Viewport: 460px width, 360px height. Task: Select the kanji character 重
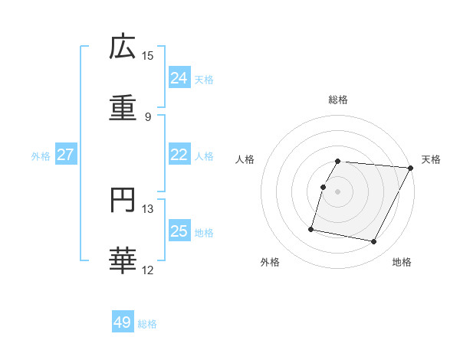[123, 109]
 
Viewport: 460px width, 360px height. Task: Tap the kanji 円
[123, 201]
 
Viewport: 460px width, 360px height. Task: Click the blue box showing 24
[179, 78]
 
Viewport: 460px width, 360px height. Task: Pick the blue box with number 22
[179, 155]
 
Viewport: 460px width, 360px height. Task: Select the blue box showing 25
[179, 231]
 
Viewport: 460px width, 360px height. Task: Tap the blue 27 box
[65, 155]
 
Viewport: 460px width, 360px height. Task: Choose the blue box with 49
[122, 323]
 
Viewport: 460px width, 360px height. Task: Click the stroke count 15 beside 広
[148, 56]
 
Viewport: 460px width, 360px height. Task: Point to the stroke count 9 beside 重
[148, 117]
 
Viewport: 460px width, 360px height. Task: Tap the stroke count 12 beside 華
[148, 270]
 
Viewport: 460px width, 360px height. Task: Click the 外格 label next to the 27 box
[41, 155]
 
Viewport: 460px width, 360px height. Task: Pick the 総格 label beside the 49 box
[147, 324]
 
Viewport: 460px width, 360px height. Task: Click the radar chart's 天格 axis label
[431, 159]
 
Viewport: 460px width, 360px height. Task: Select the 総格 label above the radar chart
[338, 100]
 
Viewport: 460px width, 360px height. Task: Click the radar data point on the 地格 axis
[373, 242]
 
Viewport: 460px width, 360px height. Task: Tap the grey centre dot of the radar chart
[338, 191]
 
